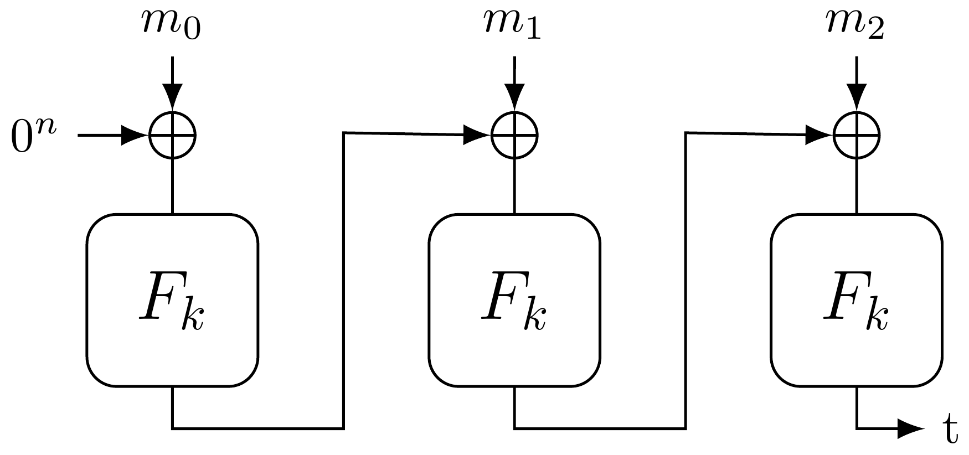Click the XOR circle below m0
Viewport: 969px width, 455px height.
(172, 135)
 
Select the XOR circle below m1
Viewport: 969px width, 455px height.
(514, 135)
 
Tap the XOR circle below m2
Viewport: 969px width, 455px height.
(856, 135)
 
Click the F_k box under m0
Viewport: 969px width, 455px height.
(172, 299)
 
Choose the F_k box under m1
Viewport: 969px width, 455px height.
(514, 299)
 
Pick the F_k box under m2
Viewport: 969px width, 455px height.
(856, 299)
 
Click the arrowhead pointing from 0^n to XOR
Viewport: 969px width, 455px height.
(136, 135)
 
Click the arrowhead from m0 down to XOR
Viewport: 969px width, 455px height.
(172, 97)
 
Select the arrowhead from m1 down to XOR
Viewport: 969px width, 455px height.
(514, 97)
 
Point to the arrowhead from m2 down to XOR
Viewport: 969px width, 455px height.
(856, 97)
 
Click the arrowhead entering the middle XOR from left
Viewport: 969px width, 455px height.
(478, 134)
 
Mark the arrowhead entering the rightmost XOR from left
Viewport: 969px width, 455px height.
(819, 134)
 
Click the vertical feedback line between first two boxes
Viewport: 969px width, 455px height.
(344, 277)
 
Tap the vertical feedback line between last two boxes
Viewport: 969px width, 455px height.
(686, 277)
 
